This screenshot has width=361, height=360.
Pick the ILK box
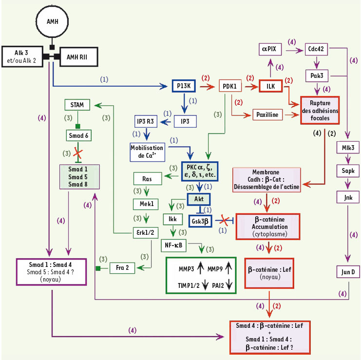(271, 86)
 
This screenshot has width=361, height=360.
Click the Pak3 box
(317, 76)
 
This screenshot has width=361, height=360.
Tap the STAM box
(78, 104)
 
